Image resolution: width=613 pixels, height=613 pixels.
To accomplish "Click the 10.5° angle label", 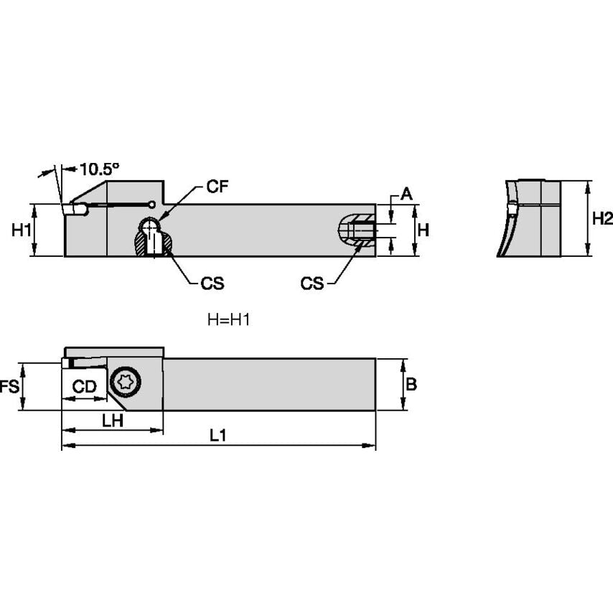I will (x=99, y=169).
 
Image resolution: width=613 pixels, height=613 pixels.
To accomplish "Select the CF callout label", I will (x=217, y=187).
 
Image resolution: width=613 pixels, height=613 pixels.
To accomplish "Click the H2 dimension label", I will (x=602, y=219).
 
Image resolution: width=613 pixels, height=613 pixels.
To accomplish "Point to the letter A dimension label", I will (x=406, y=193).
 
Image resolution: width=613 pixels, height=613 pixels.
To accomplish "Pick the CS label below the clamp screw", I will (x=212, y=284).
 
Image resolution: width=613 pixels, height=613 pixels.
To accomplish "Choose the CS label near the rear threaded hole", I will (x=312, y=284).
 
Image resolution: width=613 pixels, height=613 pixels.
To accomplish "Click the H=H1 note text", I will (x=228, y=320).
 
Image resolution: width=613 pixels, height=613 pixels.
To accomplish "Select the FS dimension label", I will (x=9, y=387).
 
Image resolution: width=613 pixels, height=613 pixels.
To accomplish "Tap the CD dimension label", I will (x=85, y=387).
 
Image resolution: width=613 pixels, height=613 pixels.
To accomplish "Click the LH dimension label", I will (x=112, y=421).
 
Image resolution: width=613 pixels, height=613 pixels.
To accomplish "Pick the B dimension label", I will (x=411, y=385).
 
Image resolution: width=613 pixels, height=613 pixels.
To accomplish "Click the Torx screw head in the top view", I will (x=126, y=380).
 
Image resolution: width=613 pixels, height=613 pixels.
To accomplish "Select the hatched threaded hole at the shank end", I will (x=357, y=231).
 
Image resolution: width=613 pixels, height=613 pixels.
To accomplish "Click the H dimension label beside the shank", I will (x=424, y=230).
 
